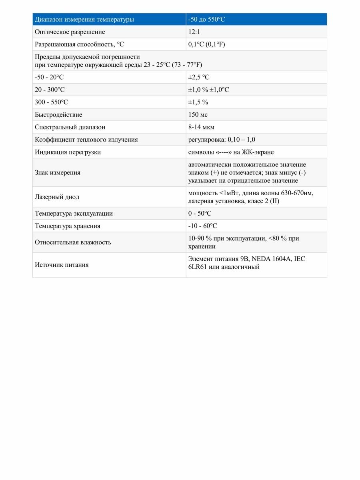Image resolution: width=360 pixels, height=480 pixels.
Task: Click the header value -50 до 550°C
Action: click(207, 19)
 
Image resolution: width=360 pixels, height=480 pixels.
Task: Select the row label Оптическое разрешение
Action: click(70, 32)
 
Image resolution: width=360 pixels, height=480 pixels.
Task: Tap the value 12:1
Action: click(194, 32)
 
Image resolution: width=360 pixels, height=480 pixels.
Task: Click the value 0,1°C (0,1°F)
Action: click(207, 44)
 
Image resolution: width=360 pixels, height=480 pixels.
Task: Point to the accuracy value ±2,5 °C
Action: click(199, 77)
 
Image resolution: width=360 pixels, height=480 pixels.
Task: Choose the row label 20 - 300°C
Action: click(50, 90)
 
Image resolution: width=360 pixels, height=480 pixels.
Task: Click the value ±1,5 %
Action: click(198, 102)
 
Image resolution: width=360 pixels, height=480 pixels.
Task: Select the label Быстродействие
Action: click(58, 115)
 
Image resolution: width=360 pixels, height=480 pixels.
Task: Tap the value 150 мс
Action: click(198, 115)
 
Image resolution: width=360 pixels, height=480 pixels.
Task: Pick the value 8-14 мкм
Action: click(201, 127)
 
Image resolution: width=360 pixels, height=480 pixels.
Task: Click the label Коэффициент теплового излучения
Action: click(86, 140)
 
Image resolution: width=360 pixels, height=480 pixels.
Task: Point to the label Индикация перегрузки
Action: click(68, 152)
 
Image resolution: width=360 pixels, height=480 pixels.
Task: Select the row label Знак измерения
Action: click(57, 173)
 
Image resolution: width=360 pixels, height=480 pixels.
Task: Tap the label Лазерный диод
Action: click(57, 197)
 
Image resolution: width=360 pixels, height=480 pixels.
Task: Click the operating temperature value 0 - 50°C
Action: click(200, 214)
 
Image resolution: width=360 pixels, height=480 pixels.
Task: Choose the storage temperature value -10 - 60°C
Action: click(202, 226)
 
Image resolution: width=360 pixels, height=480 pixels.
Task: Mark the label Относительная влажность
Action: click(73, 242)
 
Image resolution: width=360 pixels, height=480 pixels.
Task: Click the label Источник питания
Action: click(62, 265)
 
